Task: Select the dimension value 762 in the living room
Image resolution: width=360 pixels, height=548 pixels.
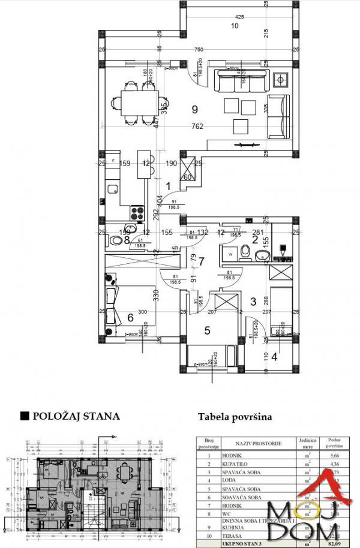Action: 197,126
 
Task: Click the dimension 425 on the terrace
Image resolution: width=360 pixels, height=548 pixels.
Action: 240,17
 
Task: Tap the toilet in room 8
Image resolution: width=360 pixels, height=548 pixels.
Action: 116,240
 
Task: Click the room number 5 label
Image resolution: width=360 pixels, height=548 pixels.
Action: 207,329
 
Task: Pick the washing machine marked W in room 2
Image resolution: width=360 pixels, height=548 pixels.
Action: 231,254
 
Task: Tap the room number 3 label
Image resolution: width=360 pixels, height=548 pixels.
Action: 253,302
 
